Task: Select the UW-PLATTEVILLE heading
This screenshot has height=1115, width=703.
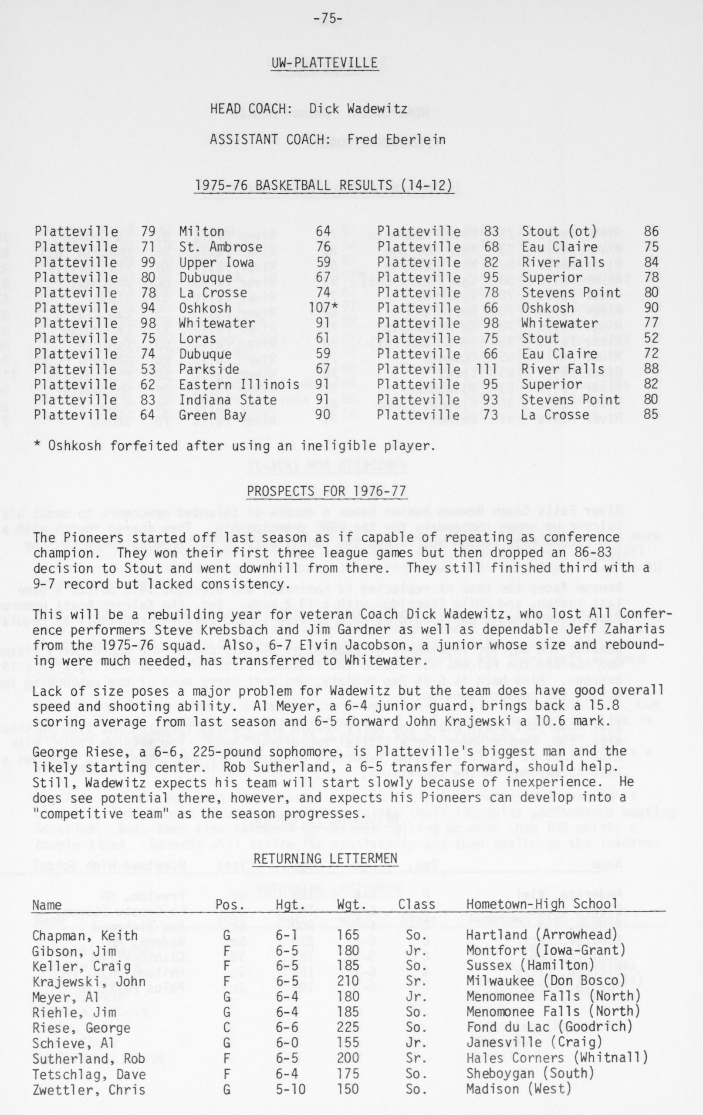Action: coord(324,63)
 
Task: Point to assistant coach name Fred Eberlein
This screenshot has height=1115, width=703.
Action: coord(396,139)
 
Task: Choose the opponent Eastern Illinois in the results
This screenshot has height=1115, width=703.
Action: coord(240,384)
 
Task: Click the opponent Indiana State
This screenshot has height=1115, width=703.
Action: coord(228,400)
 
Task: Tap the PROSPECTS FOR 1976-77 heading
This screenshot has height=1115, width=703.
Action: coord(327,491)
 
